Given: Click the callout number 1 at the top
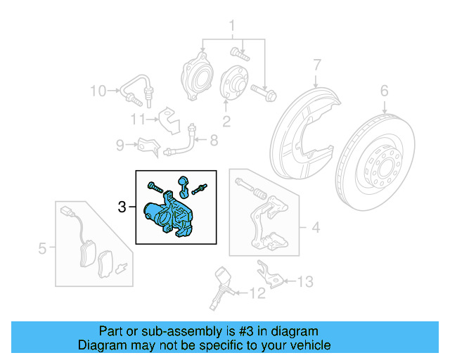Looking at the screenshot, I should tap(231, 27).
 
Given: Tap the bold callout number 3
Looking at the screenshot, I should tap(122, 207).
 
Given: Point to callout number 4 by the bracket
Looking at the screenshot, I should tap(316, 227).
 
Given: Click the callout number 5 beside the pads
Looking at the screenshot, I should tap(42, 247).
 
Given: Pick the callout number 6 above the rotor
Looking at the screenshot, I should tap(384, 90).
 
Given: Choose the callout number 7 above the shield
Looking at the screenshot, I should tap(317, 65).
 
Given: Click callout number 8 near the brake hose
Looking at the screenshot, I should tap(214, 141).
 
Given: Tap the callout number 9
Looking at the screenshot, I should tap(120, 146).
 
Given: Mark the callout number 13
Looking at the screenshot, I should tap(304, 282).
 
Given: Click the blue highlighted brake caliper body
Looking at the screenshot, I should tap(165, 215).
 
